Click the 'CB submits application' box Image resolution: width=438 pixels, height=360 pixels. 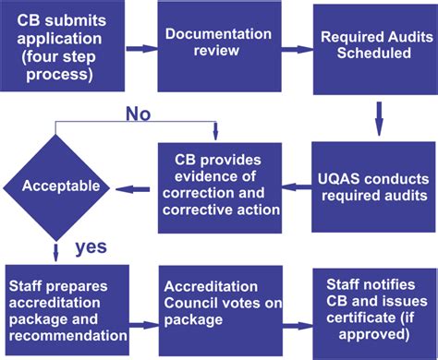tap(62, 48)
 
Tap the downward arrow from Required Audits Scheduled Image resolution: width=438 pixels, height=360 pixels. tap(378, 115)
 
